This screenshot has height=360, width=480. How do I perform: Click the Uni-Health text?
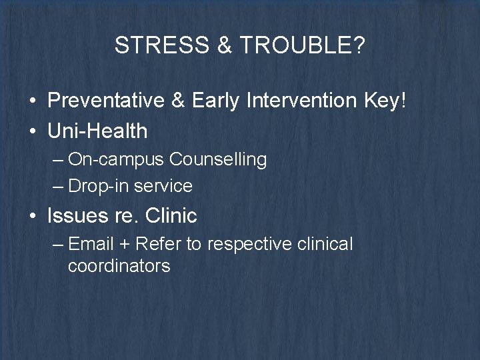pos(97,131)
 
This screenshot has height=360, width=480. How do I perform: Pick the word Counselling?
pos(218,160)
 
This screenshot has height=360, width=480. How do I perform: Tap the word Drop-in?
pos(98,186)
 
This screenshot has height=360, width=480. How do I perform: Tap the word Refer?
pos(157,245)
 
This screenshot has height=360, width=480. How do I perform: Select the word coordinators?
pos(119,266)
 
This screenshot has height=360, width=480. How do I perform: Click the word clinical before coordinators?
pos(324,245)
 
